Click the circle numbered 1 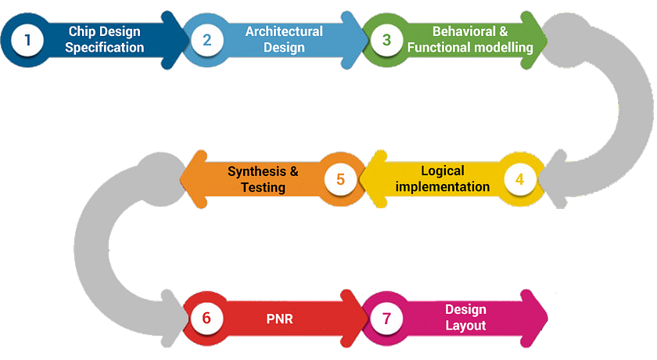[x=28, y=39]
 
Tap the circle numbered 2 [x=207, y=39]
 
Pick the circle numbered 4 [x=519, y=179]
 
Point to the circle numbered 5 [x=340, y=179]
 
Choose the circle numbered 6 [x=206, y=319]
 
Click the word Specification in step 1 [x=104, y=48]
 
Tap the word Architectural [x=283, y=31]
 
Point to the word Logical [x=443, y=171]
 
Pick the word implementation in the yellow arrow [x=443, y=187]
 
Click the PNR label [x=279, y=319]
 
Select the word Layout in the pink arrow [x=465, y=326]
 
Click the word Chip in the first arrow [x=81, y=31]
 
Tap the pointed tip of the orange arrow [x=181, y=179]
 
